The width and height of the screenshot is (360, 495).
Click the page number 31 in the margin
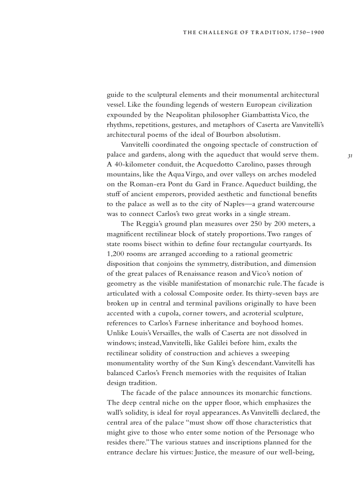tap(350, 156)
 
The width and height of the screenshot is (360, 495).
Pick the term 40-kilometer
tap(135, 164)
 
